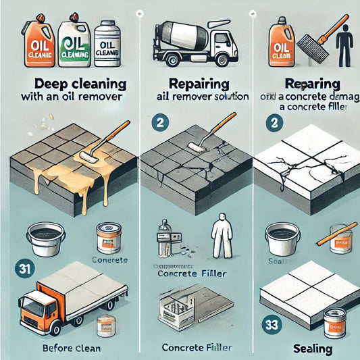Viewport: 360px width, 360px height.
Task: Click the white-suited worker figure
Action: coord(220,236)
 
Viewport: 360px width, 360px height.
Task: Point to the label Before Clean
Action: coord(67,349)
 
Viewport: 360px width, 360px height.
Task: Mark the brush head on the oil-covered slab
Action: coord(88,156)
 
